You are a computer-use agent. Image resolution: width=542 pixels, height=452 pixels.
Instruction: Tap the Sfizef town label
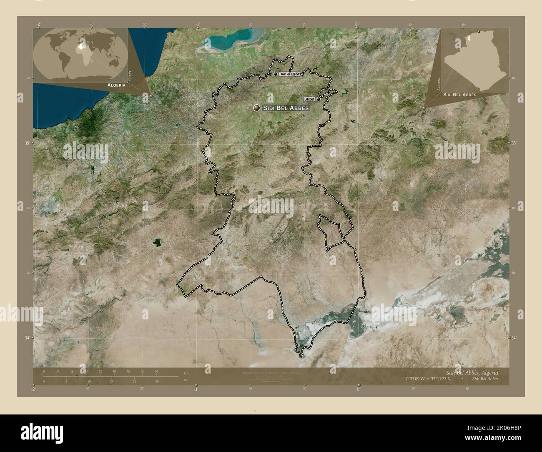pyautogui.click(x=309, y=99)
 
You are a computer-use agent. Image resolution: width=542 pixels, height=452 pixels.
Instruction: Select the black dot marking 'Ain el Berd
pyautogui.click(x=276, y=74)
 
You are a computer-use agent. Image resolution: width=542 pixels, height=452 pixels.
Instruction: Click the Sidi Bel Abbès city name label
pyautogui.click(x=286, y=108)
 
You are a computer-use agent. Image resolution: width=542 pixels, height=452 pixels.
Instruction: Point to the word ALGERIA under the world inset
pyautogui.click(x=116, y=85)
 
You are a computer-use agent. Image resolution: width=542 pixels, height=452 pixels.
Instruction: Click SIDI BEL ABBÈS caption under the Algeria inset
pyautogui.click(x=460, y=95)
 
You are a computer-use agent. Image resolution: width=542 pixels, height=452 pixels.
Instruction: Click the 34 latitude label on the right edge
pyautogui.click(x=514, y=337)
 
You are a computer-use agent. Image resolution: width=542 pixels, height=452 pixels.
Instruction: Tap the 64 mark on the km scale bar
pyautogui.click(x=156, y=371)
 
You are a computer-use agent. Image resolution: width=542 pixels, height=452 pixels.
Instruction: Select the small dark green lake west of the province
pyautogui.click(x=157, y=242)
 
